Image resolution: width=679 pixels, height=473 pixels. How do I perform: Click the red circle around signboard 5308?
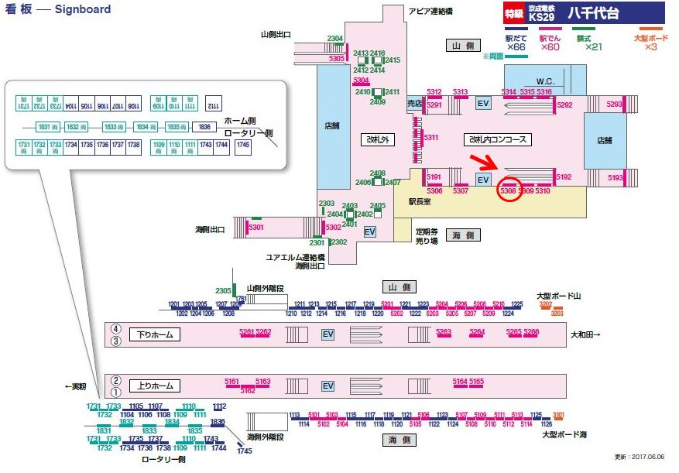point(508,190)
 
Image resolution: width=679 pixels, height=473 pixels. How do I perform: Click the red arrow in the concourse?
point(485,162)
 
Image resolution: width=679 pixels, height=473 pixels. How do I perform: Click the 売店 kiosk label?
point(416,102)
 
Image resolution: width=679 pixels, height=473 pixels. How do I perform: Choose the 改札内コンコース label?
point(497,140)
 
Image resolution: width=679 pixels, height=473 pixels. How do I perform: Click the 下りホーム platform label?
point(155,334)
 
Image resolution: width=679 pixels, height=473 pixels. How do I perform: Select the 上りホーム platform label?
point(155,386)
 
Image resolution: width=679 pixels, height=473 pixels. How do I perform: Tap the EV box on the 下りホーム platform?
point(327,334)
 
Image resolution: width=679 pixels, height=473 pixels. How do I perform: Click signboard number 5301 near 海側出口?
point(256,227)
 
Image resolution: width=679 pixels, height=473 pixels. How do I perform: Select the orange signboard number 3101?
point(558,415)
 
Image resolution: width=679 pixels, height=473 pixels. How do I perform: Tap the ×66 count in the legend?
point(516,47)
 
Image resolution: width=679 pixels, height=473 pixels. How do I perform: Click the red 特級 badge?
point(513,14)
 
